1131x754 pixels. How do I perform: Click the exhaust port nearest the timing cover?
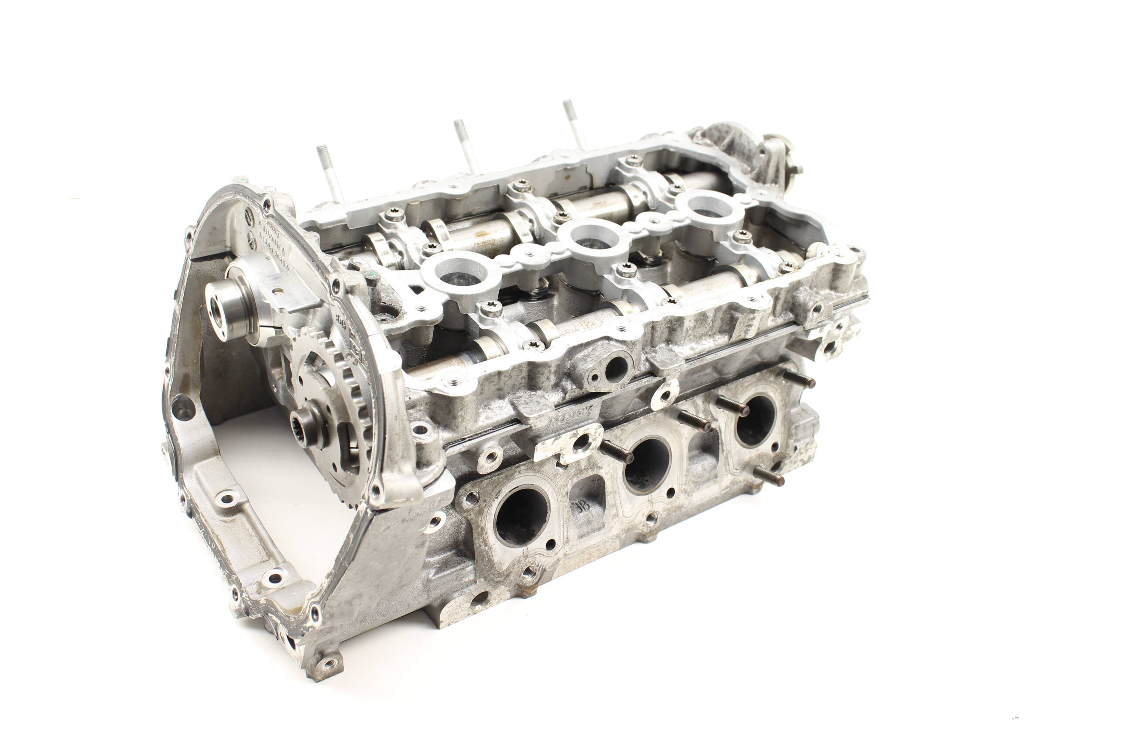(521, 517)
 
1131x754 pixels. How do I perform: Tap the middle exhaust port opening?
(647, 465)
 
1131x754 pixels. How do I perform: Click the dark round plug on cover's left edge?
(183, 407)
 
